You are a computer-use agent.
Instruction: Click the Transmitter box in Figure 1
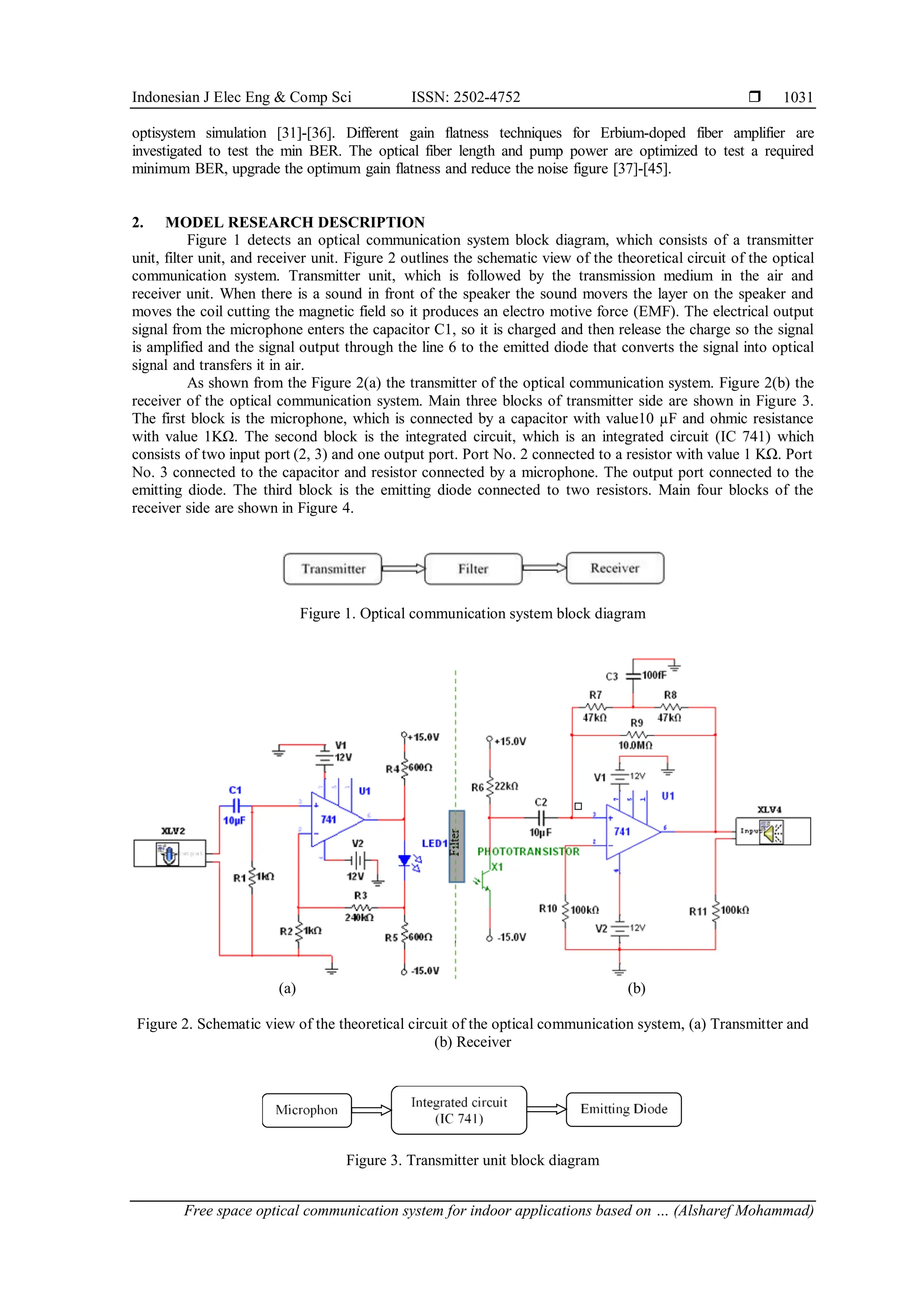[x=333, y=569]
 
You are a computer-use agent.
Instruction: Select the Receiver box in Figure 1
[x=615, y=568]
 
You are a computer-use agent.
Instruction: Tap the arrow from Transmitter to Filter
[x=403, y=569]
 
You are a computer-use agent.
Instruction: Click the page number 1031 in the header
[x=798, y=97]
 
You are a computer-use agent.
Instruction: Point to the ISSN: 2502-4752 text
[x=466, y=97]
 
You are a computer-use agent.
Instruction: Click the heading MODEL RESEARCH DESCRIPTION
[x=295, y=222]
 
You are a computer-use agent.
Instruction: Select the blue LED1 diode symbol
[x=405, y=860]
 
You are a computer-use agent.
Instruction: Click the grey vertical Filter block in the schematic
[x=456, y=846]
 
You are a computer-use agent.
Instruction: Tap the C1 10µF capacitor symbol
[x=236, y=806]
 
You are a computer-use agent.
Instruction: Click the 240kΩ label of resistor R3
[x=359, y=917]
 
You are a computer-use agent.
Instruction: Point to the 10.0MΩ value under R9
[x=636, y=745]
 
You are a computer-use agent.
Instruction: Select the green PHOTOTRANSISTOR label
[x=528, y=852]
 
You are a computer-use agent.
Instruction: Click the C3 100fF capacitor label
[x=654, y=676]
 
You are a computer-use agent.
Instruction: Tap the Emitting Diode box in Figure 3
[x=624, y=1109]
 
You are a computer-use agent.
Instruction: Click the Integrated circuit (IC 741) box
[x=458, y=1110]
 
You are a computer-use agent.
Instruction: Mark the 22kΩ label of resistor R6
[x=506, y=786]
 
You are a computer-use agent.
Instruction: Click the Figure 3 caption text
[x=472, y=1160]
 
